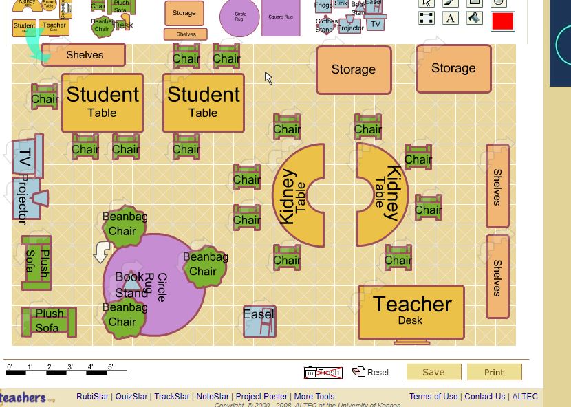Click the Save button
(433, 372)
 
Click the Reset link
(371, 372)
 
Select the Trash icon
(323, 373)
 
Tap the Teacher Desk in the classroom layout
(411, 311)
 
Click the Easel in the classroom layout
(259, 320)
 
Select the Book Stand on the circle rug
(131, 284)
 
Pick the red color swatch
(503, 21)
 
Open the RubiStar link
(92, 397)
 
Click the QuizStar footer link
(131, 397)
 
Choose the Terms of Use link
(433, 397)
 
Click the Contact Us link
(484, 397)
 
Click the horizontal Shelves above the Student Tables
(84, 55)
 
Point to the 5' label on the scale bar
(110, 367)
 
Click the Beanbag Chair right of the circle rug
(204, 265)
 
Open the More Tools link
(314, 397)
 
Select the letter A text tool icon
(451, 18)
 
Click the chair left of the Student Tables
(44, 98)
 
